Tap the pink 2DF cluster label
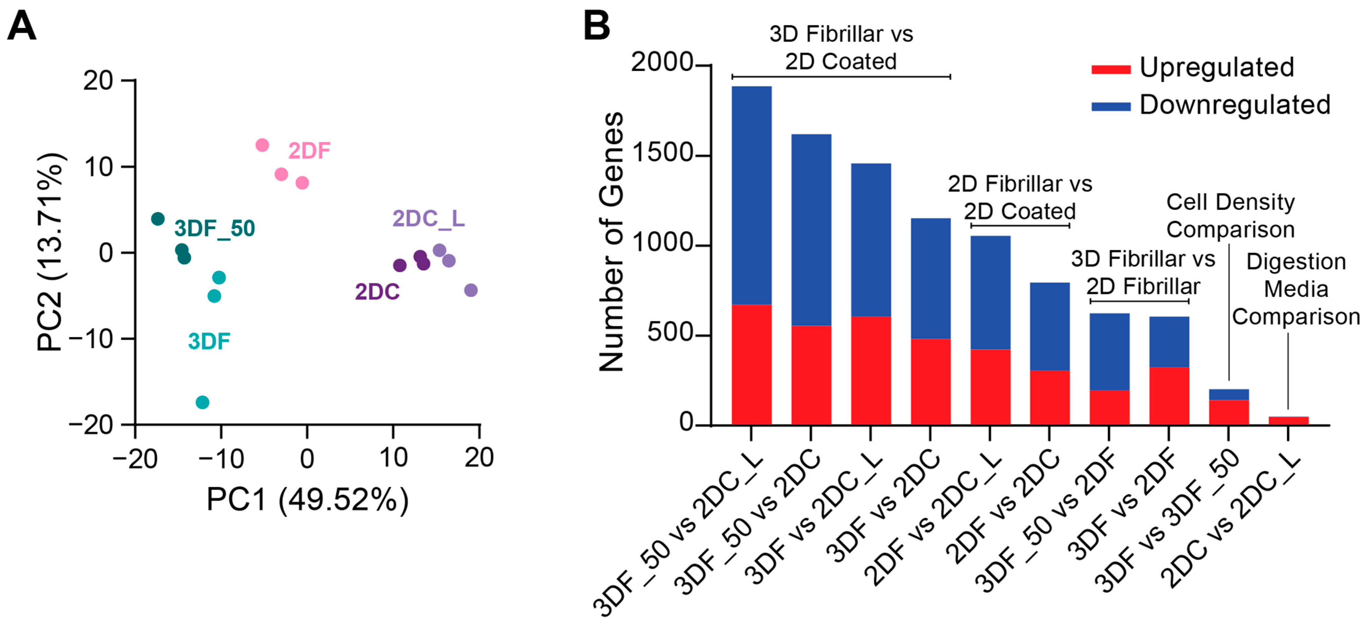point(309,151)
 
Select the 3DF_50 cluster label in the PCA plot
point(215,228)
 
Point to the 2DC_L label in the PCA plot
point(428,218)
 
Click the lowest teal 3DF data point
point(203,402)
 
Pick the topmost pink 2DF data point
point(262,145)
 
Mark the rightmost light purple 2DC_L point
point(471,290)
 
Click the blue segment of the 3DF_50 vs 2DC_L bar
point(752,196)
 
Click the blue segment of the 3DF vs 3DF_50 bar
point(1229,394)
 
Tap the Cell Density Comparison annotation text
point(1230,216)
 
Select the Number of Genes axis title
point(611,242)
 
